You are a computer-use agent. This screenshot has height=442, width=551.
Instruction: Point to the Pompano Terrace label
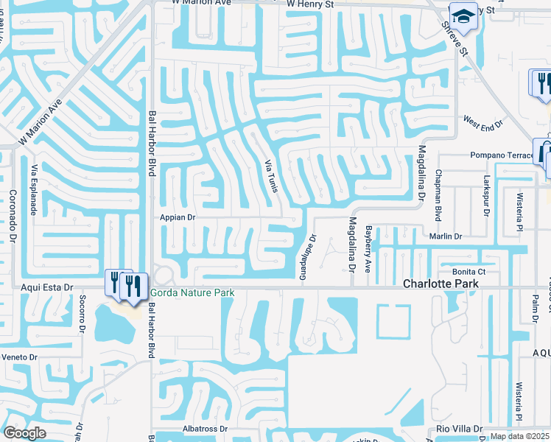[501, 155]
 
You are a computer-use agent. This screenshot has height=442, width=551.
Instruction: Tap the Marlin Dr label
[446, 236]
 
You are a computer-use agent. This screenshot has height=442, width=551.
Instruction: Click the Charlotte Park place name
[441, 284]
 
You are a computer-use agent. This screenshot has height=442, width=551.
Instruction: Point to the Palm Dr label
[536, 303]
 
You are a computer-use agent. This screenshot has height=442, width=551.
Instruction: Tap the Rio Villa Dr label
[458, 429]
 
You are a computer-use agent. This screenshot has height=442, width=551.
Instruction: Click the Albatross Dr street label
[203, 428]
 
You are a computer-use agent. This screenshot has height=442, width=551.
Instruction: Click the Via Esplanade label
[35, 192]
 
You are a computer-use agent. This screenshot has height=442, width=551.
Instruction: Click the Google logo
[24, 433]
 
